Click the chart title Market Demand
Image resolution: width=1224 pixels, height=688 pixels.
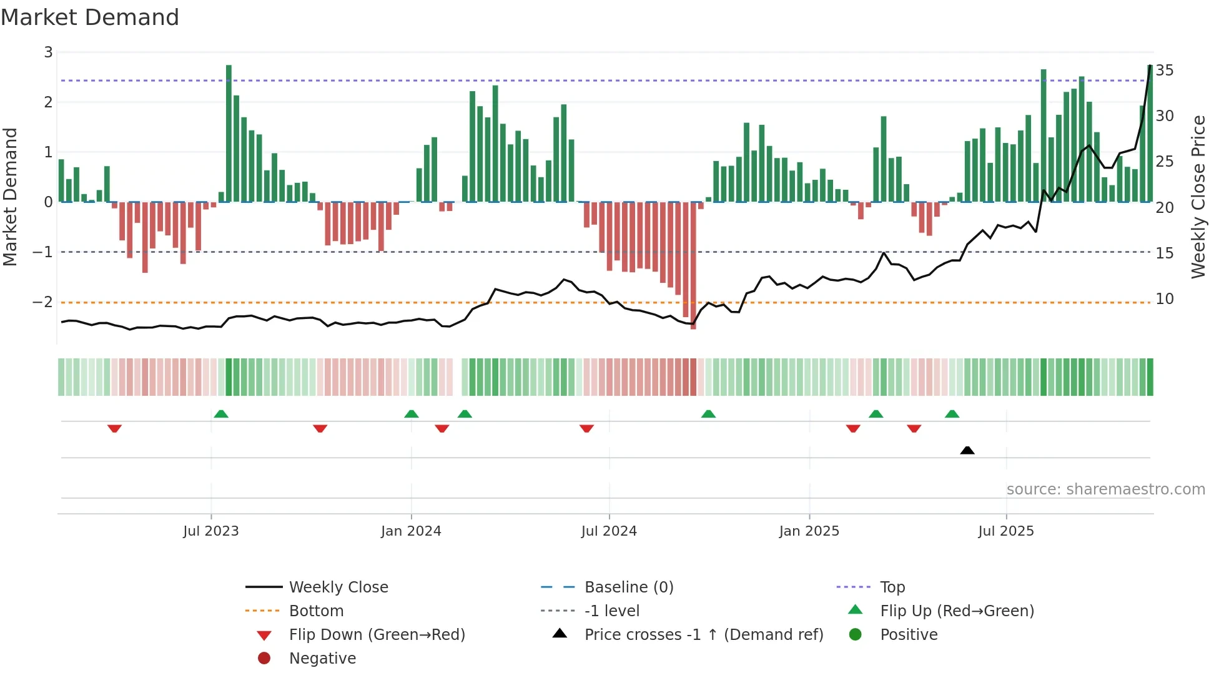[x=90, y=17]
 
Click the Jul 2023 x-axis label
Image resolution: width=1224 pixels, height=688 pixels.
[x=210, y=531]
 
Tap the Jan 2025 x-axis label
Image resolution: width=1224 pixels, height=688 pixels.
[x=809, y=531]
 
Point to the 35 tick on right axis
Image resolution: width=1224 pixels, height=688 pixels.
[x=1164, y=71]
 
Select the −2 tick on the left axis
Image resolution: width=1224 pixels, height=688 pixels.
[x=42, y=302]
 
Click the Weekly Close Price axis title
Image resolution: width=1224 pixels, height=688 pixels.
[x=1198, y=197]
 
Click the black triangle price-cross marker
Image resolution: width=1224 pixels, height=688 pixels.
[x=967, y=450]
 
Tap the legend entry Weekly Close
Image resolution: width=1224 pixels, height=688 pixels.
[x=338, y=587]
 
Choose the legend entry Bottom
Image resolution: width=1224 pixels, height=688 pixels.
[x=316, y=611]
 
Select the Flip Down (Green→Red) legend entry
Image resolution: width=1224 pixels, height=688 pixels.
[x=377, y=635]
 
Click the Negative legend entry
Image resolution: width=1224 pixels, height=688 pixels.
[x=322, y=659]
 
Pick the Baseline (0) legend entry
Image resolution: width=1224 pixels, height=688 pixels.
[x=628, y=587]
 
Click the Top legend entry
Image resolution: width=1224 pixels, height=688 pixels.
[x=892, y=587]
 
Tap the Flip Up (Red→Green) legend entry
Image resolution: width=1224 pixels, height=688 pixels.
[x=957, y=611]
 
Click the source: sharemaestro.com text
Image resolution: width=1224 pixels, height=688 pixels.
[x=1105, y=489]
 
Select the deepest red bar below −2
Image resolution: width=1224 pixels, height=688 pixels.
[x=693, y=265]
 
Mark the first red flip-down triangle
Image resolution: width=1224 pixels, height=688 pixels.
[x=114, y=428]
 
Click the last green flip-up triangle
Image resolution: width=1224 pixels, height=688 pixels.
[x=952, y=414]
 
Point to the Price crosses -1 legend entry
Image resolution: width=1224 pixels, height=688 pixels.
[x=703, y=635]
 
